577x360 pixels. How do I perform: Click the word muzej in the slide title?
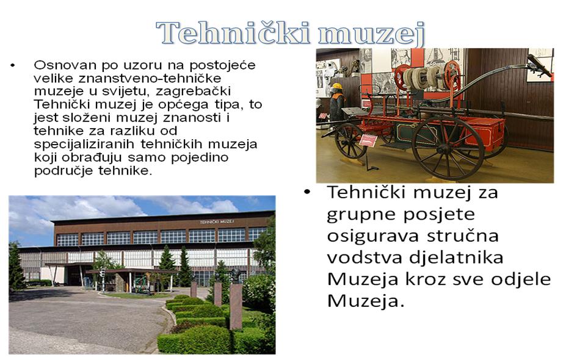(x=372, y=34)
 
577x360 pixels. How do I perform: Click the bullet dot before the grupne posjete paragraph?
(x=308, y=192)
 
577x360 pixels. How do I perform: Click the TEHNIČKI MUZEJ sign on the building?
(x=217, y=221)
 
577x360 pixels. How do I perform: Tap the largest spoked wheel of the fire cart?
(x=448, y=148)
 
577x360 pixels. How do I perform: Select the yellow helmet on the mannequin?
(x=336, y=87)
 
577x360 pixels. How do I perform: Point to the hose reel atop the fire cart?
(x=427, y=76)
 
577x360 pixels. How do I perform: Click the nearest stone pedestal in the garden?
(x=236, y=306)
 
